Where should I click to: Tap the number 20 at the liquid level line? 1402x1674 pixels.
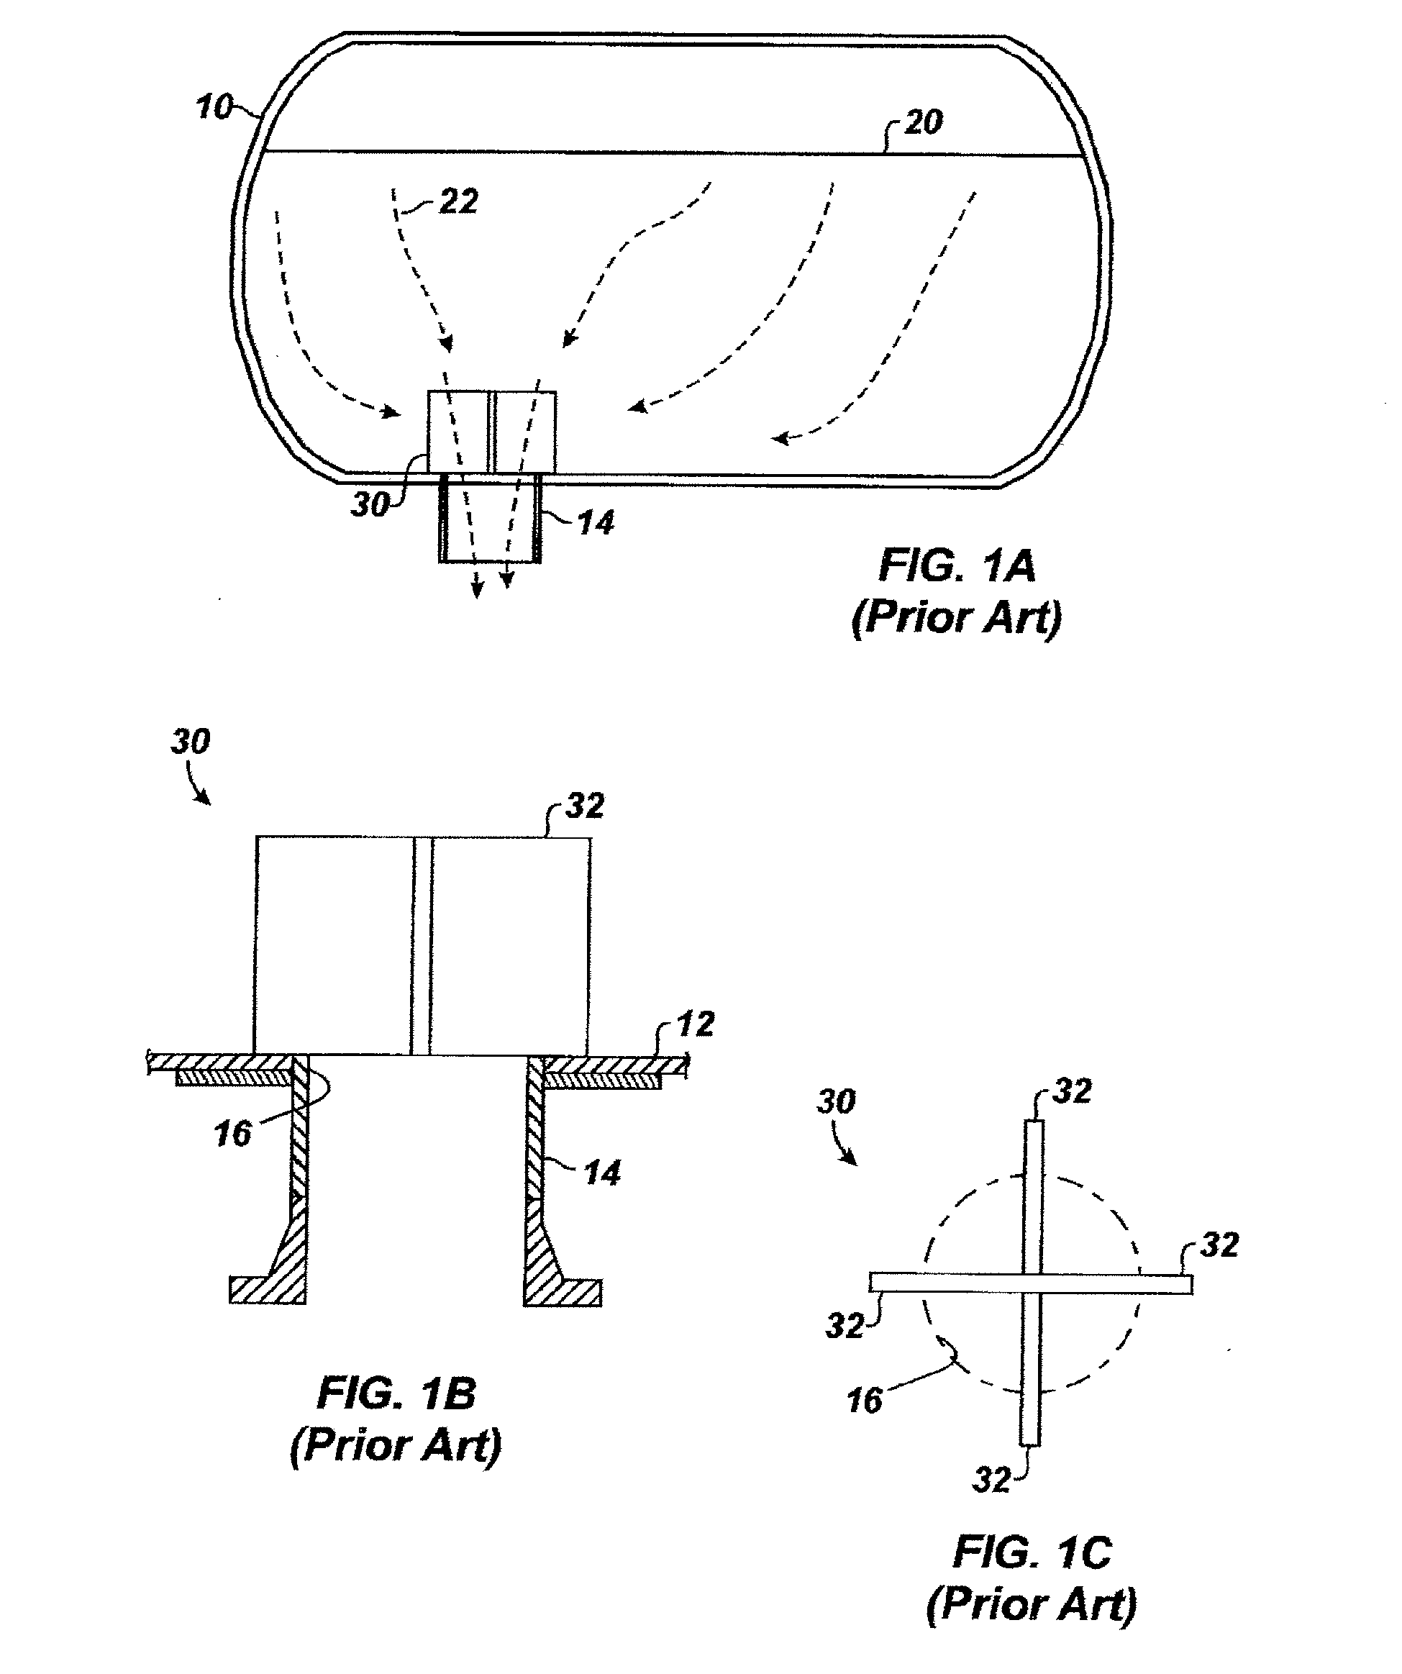click(923, 122)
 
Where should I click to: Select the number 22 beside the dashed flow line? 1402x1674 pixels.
click(458, 201)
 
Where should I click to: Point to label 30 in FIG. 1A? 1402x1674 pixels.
click(370, 504)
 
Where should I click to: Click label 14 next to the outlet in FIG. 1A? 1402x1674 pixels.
click(596, 523)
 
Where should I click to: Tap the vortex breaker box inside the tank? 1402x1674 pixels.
click(492, 431)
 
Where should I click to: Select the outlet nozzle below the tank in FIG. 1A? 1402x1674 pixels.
click(490, 519)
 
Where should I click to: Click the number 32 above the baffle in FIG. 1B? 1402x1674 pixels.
click(584, 806)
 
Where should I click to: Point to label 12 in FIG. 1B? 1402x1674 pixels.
click(695, 1024)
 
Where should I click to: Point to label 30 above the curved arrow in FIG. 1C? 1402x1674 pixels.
click(836, 1101)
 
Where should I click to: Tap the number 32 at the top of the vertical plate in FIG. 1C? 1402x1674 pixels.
click(1071, 1091)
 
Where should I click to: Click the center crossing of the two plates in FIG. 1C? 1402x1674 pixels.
click(1032, 1282)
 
